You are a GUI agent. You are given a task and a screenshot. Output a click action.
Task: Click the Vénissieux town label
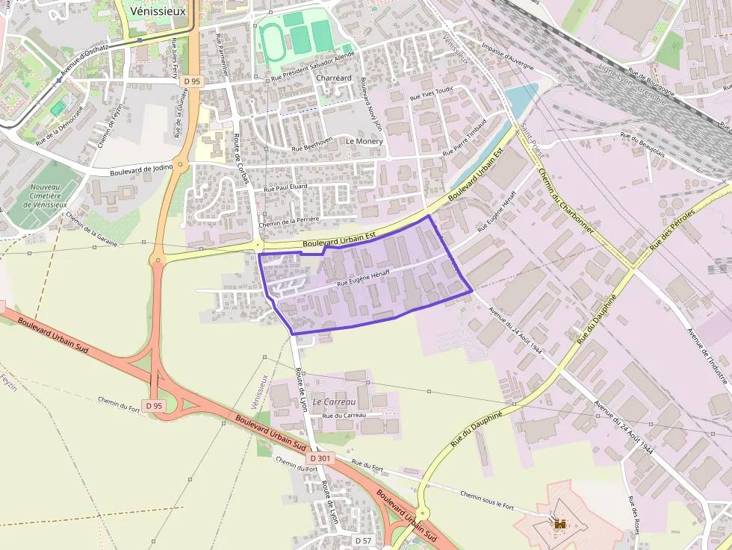point(158,11)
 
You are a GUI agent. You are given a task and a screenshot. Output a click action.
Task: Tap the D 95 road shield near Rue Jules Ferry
point(192,81)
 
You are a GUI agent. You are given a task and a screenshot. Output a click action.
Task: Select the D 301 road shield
point(319,458)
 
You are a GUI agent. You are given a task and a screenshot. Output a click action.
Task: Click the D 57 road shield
point(363,540)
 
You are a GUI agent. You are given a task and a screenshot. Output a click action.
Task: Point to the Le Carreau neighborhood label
point(334,401)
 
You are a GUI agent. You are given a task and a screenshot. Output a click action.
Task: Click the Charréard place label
point(333,78)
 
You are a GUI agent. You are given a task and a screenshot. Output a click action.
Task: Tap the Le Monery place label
point(364,141)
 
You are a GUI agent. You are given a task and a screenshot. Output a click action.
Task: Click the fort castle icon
point(559,525)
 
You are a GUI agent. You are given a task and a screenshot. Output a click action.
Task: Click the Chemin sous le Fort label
point(487,500)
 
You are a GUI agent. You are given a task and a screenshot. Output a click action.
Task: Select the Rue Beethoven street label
point(312,148)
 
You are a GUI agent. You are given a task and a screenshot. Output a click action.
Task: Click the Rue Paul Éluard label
point(286,188)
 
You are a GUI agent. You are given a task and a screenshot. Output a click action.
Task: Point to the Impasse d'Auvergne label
point(508,59)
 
